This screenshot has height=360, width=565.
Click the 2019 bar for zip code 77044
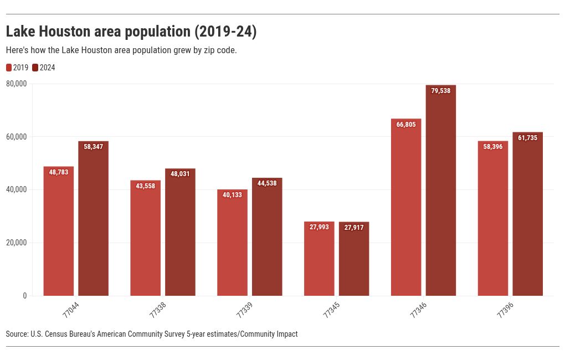58,233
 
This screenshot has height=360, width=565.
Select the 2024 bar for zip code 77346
440,194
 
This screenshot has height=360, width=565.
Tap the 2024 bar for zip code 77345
354,260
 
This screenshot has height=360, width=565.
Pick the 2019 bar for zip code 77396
492,222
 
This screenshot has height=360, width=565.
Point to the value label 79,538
440,91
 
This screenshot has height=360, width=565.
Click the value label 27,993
319,227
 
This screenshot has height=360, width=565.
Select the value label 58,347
93,147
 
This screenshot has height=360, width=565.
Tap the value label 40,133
232,195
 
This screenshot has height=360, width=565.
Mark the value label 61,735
527,138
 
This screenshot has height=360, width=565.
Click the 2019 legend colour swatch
9,68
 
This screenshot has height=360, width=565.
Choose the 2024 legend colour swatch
35,68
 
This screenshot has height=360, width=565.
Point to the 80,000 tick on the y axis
17,84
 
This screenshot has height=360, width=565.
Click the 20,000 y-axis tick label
17,243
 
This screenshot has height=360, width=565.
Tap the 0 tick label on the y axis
24,296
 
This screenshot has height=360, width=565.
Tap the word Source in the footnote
17,334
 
